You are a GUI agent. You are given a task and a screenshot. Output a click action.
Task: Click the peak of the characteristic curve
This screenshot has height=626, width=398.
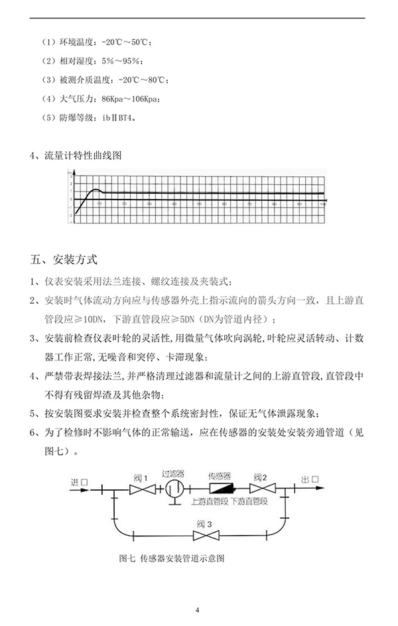[x=96, y=190]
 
